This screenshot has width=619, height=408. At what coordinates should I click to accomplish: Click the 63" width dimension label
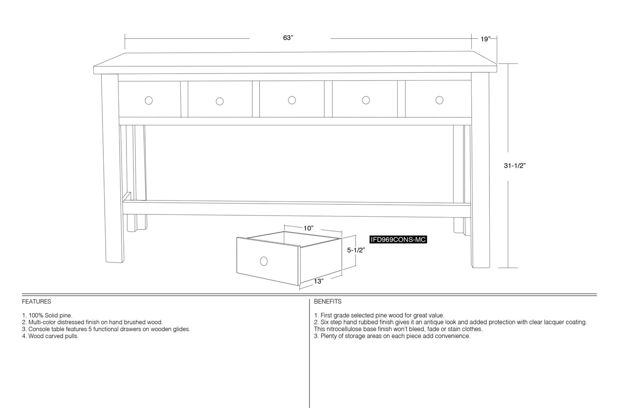(288, 38)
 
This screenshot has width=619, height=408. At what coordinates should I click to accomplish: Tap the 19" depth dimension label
(485, 39)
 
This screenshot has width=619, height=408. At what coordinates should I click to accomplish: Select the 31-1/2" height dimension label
(515, 166)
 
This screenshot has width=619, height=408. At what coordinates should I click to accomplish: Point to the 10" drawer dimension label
(308, 228)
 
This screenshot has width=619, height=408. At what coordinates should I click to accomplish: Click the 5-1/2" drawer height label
(356, 250)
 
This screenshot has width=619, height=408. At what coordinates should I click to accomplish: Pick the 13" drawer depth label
(319, 281)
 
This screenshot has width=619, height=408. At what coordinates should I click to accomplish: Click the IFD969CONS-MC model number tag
(398, 240)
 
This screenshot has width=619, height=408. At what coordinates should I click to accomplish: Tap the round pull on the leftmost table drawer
(149, 101)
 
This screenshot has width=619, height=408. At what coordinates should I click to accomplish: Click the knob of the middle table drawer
(292, 100)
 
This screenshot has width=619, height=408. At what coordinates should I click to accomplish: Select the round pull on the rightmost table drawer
(439, 100)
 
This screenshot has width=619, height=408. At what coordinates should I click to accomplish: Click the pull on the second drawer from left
(220, 101)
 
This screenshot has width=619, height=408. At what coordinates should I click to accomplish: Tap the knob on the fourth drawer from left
(366, 100)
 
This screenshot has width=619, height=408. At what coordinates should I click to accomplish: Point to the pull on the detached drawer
(263, 261)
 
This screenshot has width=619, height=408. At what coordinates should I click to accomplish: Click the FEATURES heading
(36, 302)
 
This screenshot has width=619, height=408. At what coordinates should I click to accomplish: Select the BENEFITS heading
(328, 302)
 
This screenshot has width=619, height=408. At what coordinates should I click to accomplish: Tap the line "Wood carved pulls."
(53, 336)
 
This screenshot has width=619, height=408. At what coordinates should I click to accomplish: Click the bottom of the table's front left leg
(115, 262)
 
